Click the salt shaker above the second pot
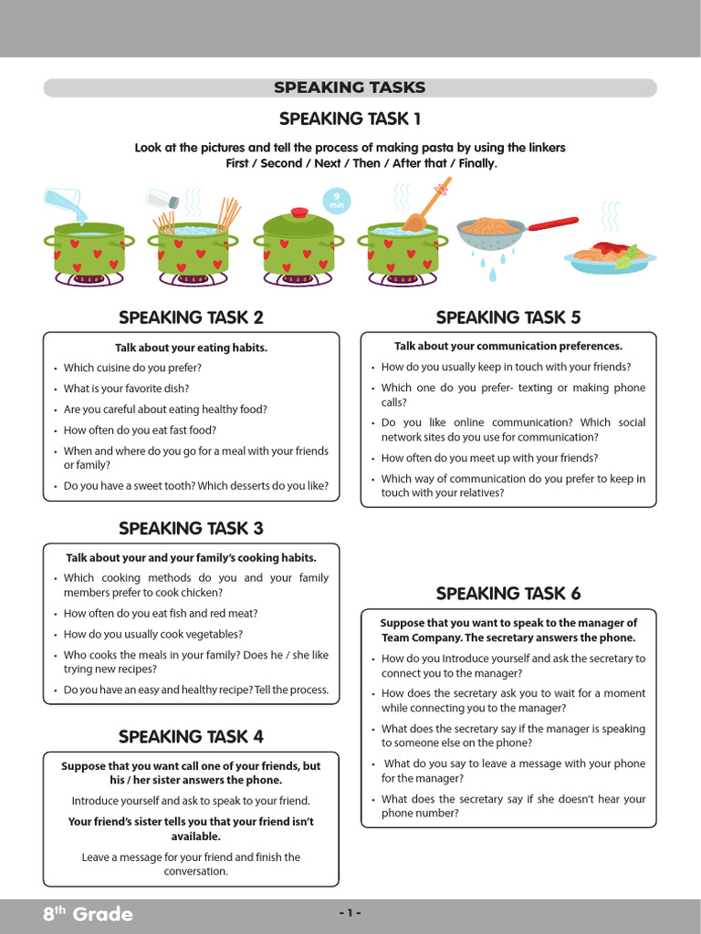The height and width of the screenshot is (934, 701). (x=162, y=198)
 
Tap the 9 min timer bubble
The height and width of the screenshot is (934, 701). (x=337, y=201)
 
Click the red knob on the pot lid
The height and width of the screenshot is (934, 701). (x=299, y=213)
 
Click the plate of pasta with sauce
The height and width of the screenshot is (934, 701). (x=610, y=256)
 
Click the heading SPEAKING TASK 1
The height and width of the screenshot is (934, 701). (x=350, y=119)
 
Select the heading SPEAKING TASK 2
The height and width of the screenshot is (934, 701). (x=191, y=317)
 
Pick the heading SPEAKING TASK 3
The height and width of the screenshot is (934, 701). (x=191, y=528)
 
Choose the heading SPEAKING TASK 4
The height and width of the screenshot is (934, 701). (x=191, y=736)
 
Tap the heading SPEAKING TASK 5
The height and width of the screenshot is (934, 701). (x=508, y=317)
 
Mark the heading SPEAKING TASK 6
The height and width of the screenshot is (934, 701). (x=508, y=594)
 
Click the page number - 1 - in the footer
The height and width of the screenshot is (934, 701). (x=350, y=913)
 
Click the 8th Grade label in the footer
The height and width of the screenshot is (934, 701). (x=88, y=914)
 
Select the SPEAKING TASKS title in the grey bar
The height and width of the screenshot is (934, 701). (x=350, y=88)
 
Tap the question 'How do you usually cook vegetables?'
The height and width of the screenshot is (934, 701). (x=152, y=634)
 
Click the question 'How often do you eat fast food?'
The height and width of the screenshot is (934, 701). (x=140, y=431)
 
